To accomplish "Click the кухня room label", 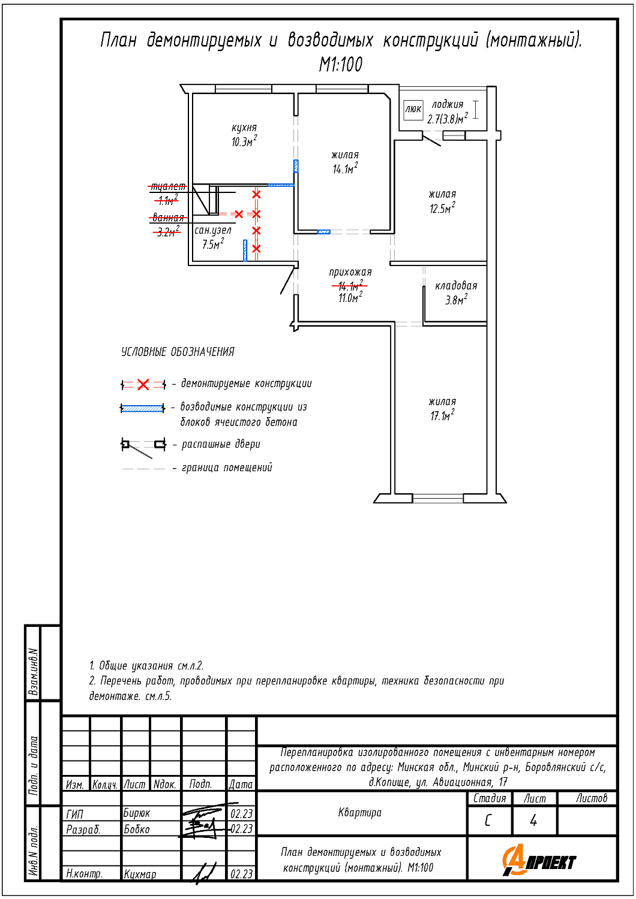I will click(244, 128).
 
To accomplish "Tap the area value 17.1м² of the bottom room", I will click(442, 415).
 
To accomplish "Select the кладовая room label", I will click(456, 286).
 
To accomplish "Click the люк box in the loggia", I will click(413, 109).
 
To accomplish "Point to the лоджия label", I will click(448, 104).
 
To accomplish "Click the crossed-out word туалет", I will click(168, 187).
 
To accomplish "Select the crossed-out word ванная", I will click(168, 218).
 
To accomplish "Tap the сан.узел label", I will click(213, 230).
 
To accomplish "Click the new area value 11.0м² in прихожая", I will click(350, 298).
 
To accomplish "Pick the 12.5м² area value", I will click(442, 209).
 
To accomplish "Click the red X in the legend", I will click(143, 385).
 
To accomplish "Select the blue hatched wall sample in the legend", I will click(143, 409).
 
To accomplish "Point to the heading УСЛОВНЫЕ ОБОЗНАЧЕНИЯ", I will click(178, 352).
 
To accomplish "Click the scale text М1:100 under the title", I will click(341, 65).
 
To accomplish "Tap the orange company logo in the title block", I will click(539, 861).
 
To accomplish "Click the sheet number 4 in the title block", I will click(533, 820).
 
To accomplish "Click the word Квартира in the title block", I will click(360, 813).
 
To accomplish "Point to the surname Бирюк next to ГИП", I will click(137, 813).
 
